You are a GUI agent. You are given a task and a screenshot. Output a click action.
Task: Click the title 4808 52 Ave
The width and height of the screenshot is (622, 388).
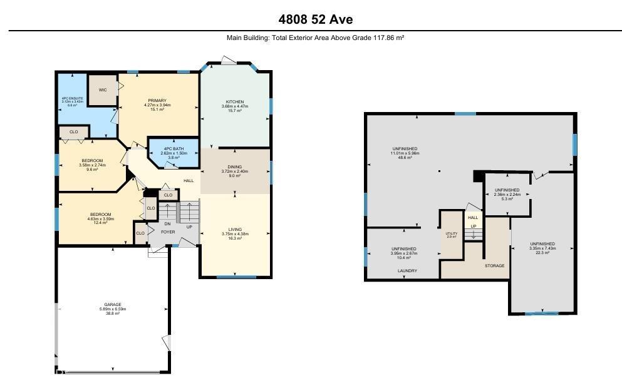[x=315, y=19]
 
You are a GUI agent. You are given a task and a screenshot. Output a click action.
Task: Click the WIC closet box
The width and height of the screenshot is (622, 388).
[x=103, y=91]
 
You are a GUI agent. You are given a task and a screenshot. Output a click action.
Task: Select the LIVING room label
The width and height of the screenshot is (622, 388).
[x=235, y=234]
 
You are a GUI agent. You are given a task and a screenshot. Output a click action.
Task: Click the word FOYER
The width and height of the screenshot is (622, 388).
[x=168, y=232]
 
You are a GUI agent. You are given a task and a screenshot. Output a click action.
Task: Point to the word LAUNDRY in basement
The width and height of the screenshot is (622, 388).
[x=407, y=271]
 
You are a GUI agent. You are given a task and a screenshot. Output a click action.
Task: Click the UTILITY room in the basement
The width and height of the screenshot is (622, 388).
[x=451, y=235]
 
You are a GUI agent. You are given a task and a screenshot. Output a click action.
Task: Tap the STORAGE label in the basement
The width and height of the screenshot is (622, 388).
[x=494, y=265]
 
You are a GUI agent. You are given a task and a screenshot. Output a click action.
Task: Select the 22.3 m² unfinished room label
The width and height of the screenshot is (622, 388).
[x=542, y=248]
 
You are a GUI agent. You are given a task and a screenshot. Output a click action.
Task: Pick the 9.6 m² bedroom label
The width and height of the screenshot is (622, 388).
[x=92, y=165]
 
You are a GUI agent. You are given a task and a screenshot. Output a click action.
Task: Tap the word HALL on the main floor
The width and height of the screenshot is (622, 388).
[x=189, y=181]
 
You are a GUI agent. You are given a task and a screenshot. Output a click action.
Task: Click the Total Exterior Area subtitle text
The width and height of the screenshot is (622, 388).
[x=315, y=38]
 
